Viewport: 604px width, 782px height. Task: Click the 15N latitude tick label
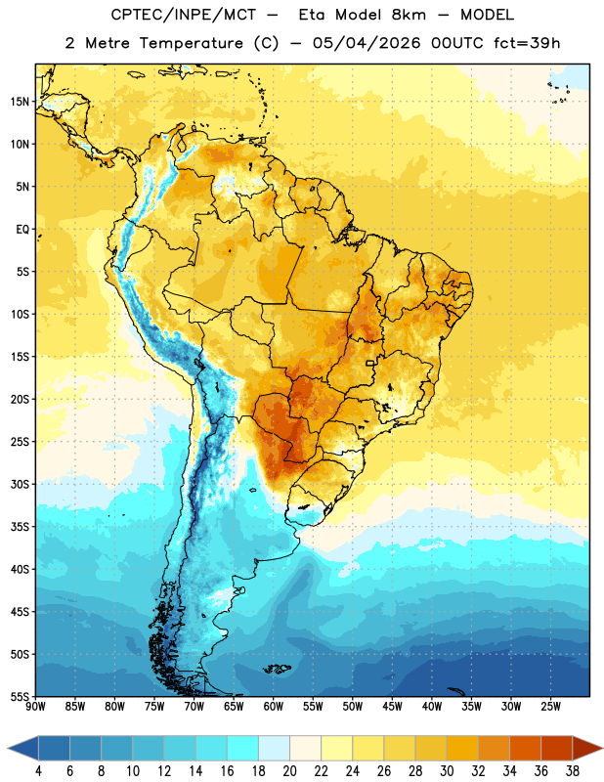20,102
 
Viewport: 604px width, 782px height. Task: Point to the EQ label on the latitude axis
22,230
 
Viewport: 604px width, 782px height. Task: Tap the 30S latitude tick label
20,484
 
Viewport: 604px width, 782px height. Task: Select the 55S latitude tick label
20,697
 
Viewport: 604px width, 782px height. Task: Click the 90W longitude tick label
35,707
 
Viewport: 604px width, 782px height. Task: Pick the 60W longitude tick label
274,707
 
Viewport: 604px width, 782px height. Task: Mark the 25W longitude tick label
550,707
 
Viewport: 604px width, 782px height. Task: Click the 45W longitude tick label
392,707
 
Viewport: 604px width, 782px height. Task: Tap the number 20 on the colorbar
289,771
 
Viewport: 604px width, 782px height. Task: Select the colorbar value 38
573,771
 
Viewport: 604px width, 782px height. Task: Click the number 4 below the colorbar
38,771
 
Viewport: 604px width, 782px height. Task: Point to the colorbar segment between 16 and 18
242,748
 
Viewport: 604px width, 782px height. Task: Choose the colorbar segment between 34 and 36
525,748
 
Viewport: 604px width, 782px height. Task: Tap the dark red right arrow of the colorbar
587,748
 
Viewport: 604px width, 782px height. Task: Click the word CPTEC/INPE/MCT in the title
184,15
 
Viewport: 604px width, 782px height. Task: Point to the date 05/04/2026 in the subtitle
367,43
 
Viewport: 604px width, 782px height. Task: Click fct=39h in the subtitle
527,43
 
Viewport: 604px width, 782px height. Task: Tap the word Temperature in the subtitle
192,43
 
